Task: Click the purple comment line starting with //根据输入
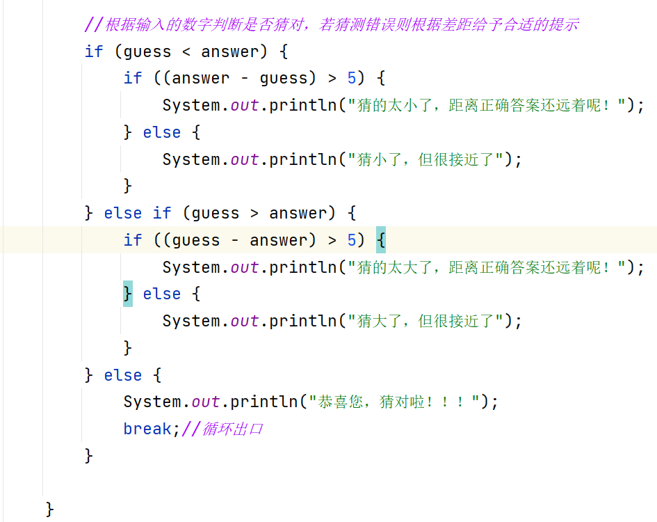[332, 25]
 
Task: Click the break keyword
[147, 429]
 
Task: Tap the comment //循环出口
[222, 429]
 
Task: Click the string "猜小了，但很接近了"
[429, 159]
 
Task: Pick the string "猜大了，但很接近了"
[429, 321]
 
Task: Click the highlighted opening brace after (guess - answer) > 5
[380, 240]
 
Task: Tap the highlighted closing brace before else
[128, 294]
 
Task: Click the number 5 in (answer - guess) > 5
[352, 78]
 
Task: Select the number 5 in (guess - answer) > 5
[352, 240]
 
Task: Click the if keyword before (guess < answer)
[94, 52]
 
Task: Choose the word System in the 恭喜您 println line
[152, 402]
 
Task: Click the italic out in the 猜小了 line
[245, 159]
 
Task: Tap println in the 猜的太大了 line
[302, 267]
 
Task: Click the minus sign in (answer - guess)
[245, 78]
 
